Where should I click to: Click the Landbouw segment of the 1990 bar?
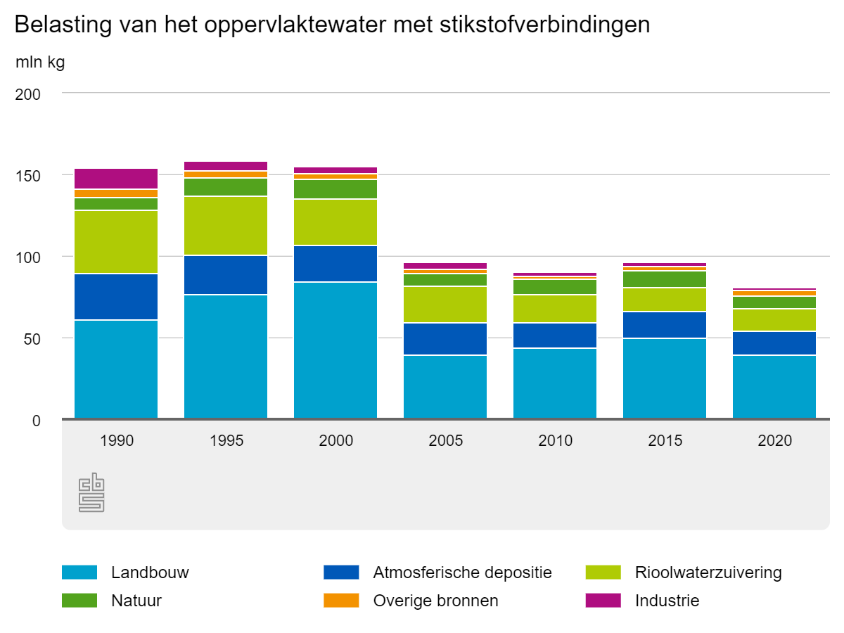116,369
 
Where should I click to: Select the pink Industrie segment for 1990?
116,179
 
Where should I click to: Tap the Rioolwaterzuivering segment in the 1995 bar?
226,226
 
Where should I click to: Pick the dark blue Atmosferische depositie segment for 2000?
335,264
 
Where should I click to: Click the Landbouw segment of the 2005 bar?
445,387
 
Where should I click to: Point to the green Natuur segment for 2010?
555,287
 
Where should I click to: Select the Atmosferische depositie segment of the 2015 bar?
665,325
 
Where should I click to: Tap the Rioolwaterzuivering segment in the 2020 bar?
774,320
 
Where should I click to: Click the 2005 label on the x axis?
445,441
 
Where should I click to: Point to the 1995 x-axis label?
226,441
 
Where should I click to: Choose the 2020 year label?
774,441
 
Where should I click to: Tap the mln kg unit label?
40,63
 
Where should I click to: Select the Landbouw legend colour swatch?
79,573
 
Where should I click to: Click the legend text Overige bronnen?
435,601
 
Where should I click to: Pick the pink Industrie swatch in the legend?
603,601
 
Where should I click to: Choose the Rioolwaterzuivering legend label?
708,573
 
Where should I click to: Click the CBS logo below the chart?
91,492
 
